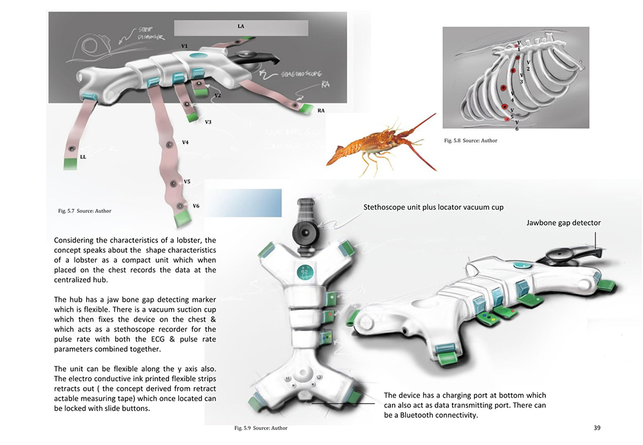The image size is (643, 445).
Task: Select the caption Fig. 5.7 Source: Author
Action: click(84, 211)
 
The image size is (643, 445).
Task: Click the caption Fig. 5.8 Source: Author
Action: click(471, 141)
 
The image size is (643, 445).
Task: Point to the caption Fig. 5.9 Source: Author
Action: click(260, 428)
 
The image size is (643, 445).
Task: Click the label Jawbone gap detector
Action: click(563, 222)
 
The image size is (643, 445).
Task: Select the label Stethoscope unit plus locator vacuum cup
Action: click(433, 207)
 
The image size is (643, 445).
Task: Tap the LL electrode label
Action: click(83, 156)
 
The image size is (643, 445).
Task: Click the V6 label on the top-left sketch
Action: click(196, 206)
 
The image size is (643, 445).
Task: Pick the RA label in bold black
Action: click(321, 111)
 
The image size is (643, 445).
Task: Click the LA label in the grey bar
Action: click(240, 26)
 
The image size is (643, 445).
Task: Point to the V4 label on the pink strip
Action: click(185, 142)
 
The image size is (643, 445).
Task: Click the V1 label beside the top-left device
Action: click(184, 46)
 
